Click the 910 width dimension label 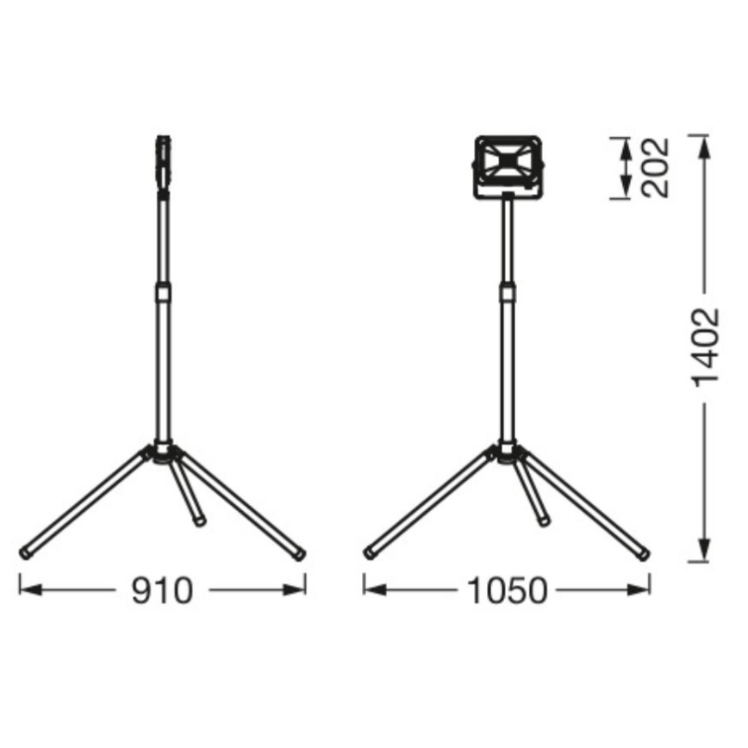click(x=162, y=591)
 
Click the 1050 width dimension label click(x=507, y=591)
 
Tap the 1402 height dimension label click(x=706, y=346)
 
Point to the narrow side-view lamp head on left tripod click(x=163, y=159)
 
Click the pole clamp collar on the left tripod click(x=163, y=294)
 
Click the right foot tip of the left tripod click(x=299, y=553)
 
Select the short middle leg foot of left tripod click(x=199, y=521)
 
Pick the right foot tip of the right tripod click(x=643, y=553)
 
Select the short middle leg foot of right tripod click(x=544, y=520)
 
